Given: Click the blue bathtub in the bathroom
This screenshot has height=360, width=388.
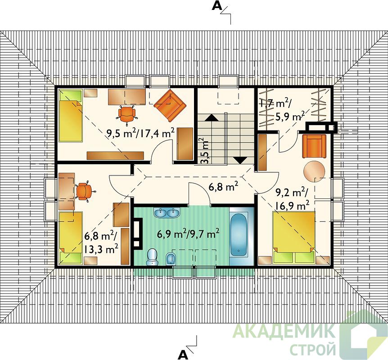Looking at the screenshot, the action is (x=239, y=235).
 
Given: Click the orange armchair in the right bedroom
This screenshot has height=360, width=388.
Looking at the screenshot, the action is (x=314, y=146).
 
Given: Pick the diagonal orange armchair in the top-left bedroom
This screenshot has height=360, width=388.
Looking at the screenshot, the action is (x=170, y=106).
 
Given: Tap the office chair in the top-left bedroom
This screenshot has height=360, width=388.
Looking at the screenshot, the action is (x=127, y=114).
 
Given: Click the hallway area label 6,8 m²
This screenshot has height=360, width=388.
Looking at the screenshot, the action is (x=223, y=187).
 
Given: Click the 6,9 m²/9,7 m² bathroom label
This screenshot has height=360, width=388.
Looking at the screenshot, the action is (x=188, y=234).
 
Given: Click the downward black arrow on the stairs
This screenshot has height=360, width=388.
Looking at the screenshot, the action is (x=241, y=160).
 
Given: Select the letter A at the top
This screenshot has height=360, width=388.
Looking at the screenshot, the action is (x=217, y=6).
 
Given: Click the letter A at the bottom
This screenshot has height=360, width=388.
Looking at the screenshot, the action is (x=183, y=354).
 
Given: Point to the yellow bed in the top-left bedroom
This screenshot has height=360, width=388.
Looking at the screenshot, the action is (x=70, y=116).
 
